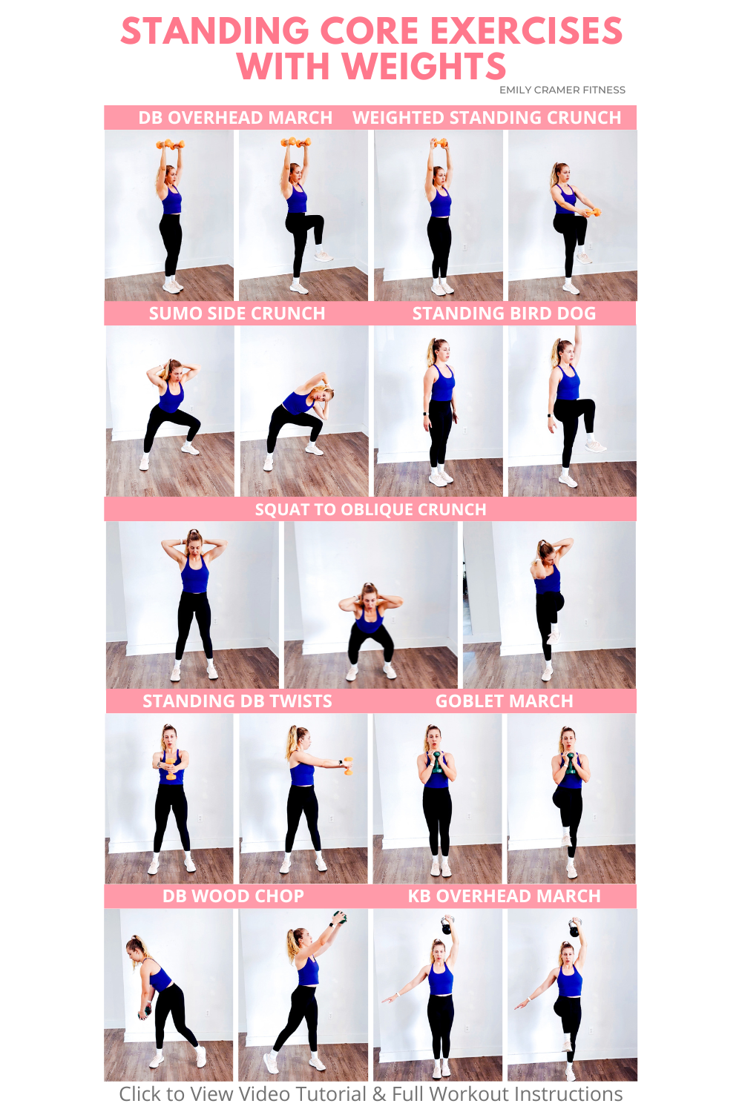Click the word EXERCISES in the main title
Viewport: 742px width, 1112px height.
[526, 32]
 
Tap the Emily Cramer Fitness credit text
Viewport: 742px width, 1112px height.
[562, 90]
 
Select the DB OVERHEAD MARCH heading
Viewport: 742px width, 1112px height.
[235, 118]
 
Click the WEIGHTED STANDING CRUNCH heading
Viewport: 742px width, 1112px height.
[487, 118]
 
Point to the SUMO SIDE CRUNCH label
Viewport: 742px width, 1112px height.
[237, 314]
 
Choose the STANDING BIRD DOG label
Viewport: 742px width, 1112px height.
[504, 314]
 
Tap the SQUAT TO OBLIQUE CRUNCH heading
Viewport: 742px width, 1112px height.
[370, 509]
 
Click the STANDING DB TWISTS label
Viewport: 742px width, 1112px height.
[237, 701]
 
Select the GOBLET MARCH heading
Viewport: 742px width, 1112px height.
[504, 701]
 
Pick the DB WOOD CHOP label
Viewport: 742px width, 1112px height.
[233, 896]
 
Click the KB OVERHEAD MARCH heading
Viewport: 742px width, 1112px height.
[504, 896]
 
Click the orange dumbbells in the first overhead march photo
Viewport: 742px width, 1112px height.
[170, 145]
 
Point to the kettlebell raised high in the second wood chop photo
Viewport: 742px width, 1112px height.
[339, 918]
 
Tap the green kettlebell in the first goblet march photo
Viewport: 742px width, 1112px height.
[437, 761]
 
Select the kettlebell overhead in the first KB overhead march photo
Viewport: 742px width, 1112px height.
[447, 925]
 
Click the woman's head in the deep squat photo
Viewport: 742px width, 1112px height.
[369, 594]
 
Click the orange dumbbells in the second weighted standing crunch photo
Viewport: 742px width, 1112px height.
[592, 213]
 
